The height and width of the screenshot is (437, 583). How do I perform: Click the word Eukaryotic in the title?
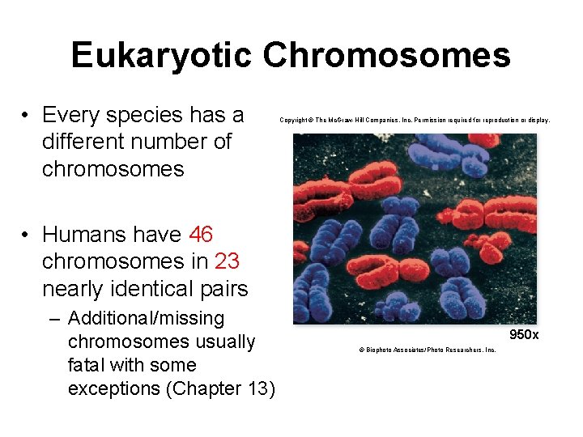click(x=162, y=56)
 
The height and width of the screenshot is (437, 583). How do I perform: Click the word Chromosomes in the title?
click(x=387, y=56)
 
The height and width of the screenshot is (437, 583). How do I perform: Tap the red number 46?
click(x=201, y=235)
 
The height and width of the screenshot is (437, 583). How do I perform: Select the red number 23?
click(x=227, y=261)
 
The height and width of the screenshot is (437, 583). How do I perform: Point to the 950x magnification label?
click(x=524, y=334)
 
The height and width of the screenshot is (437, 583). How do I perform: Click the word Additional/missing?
click(x=147, y=318)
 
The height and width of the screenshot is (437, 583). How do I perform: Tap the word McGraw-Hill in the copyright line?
click(x=343, y=121)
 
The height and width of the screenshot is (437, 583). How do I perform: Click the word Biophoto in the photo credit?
click(x=373, y=350)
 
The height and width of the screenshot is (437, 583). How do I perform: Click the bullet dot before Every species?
click(x=27, y=115)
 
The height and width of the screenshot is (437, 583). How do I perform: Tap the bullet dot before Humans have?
click(x=27, y=235)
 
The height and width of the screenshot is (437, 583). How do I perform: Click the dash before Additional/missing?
click(x=53, y=318)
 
